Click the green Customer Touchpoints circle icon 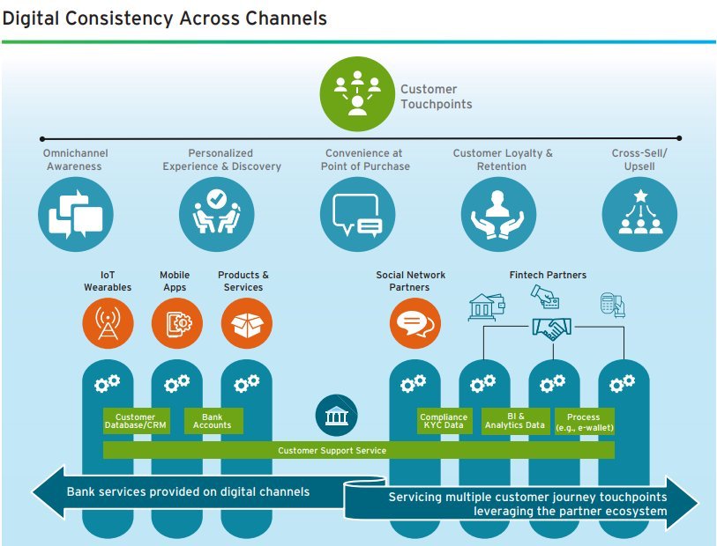pos(357,93)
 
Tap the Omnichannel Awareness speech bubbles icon pos(76,215)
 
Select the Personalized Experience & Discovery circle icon pos(217,215)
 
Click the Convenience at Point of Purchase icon pos(357,215)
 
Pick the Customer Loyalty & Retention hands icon pos(498,215)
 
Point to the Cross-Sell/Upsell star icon pos(639,215)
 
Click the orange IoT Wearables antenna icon pos(108,323)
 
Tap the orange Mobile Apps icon pos(177,323)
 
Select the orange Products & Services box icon pos(247,323)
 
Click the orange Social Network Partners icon pos(415,323)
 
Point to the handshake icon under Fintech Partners pos(552,328)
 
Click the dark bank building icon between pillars pos(337,416)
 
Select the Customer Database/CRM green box pos(137,421)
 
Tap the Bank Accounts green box pos(213,421)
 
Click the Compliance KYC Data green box pos(444,421)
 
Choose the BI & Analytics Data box pos(515,421)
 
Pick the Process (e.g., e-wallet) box pos(585,421)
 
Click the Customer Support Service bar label pos(332,451)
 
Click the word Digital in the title pos(31,18)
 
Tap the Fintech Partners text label pos(548,275)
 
